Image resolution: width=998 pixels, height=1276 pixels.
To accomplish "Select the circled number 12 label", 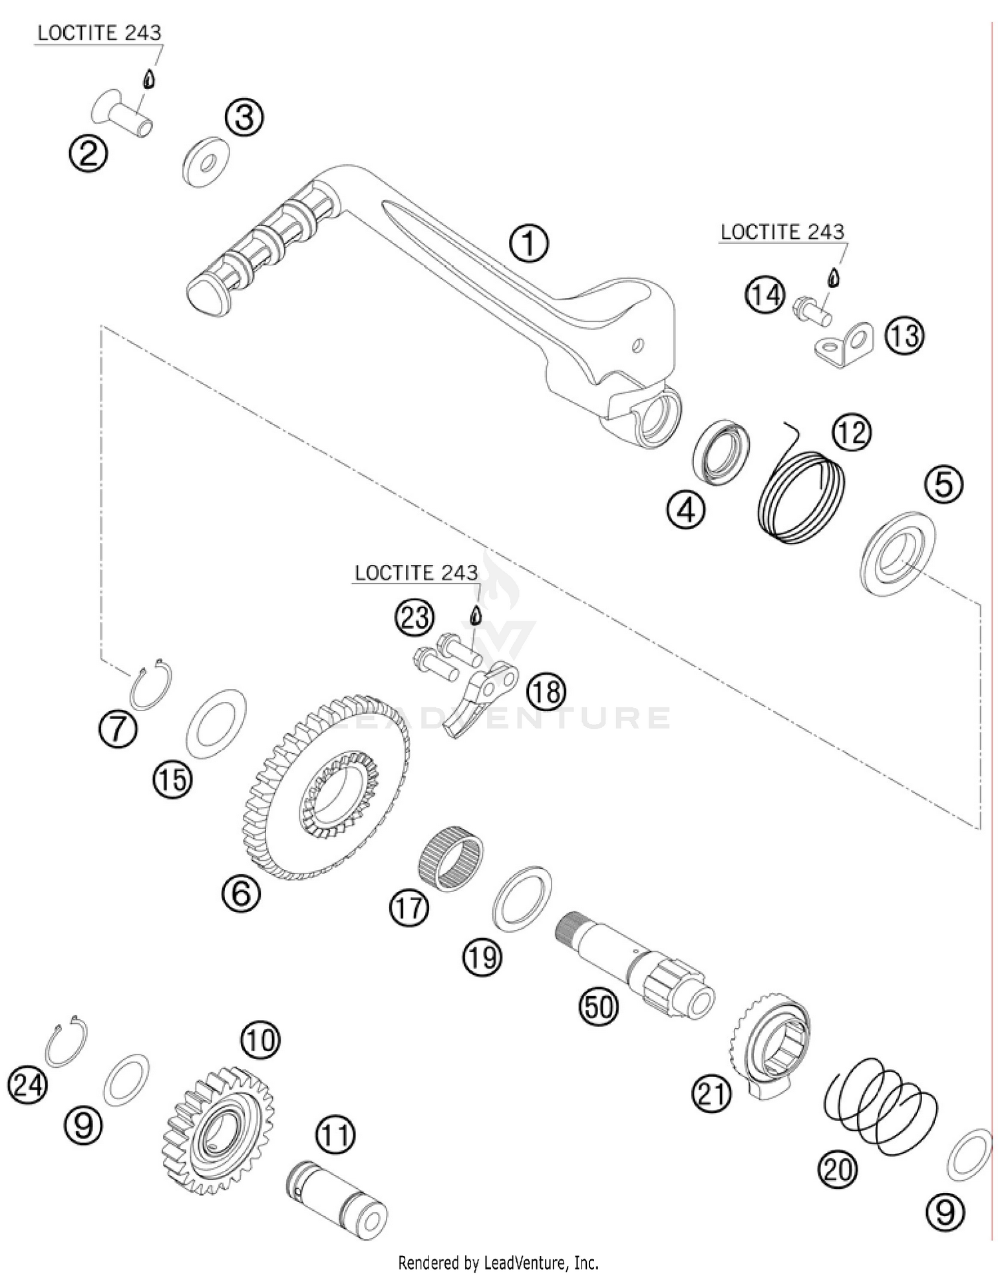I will tap(852, 432).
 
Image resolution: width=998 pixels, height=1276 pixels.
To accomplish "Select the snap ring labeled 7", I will tap(151, 686).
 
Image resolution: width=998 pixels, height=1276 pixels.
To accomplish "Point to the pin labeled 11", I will tap(337, 1209).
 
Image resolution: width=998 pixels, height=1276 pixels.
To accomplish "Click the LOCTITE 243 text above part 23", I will tap(416, 573).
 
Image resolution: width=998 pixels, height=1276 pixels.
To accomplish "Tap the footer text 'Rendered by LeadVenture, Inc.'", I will tap(498, 1262).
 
